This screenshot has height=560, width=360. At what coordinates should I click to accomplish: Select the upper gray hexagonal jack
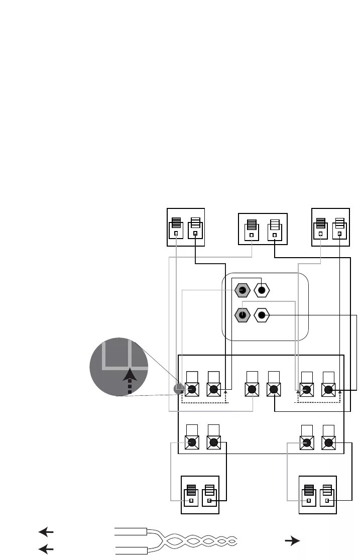pyautogui.click(x=242, y=290)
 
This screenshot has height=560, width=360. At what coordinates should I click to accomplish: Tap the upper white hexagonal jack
pyautogui.click(x=262, y=290)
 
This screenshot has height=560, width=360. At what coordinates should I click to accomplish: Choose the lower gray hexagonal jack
pyautogui.click(x=242, y=315)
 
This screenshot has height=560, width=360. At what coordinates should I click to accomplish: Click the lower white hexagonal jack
pyautogui.click(x=262, y=315)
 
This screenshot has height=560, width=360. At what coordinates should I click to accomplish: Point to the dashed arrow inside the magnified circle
pyautogui.click(x=130, y=381)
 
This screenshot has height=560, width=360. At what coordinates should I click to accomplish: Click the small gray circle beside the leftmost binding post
pyautogui.click(x=177, y=389)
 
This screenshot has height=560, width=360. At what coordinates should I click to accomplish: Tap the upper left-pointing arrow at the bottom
pyautogui.click(x=46, y=532)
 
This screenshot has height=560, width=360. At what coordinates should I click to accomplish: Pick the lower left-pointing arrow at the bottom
pyautogui.click(x=46, y=549)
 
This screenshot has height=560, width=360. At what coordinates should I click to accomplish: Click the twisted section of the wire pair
pyautogui.click(x=201, y=541)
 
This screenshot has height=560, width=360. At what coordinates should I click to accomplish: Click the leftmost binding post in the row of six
pyautogui.click(x=191, y=389)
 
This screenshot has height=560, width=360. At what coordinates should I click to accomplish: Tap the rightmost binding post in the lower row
pyautogui.click(x=329, y=442)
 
